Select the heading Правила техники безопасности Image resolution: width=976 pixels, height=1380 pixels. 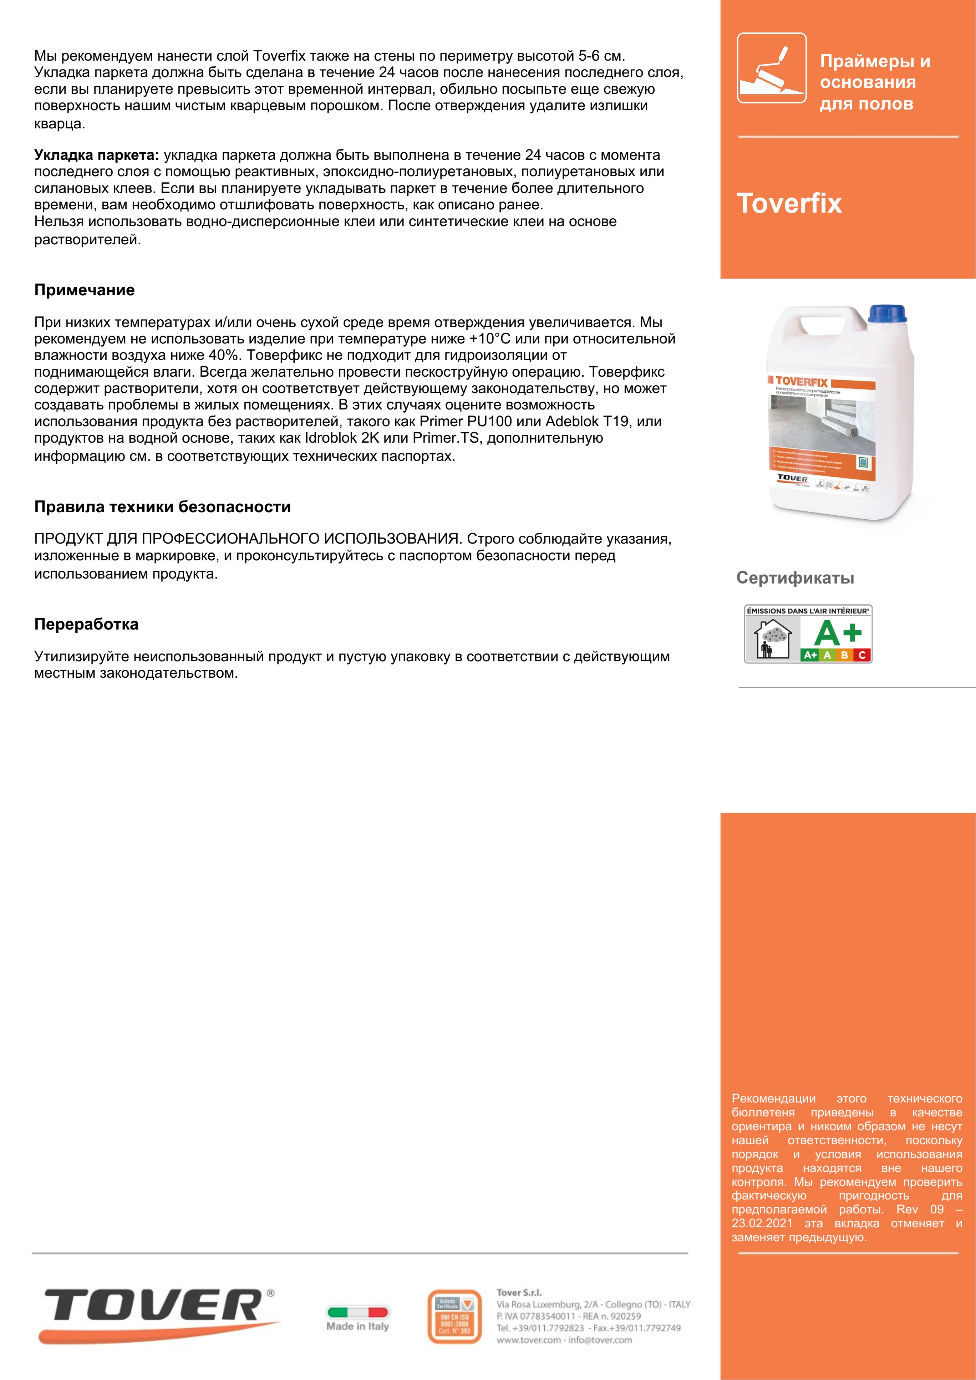pyautogui.click(x=162, y=507)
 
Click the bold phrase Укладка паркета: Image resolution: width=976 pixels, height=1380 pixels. pyautogui.click(x=96, y=155)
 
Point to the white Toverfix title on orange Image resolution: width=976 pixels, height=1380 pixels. pyautogui.click(x=789, y=203)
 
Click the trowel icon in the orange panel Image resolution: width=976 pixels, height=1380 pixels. pyautogui.click(x=772, y=68)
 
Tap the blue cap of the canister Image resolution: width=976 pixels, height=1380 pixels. pyautogui.click(x=887, y=314)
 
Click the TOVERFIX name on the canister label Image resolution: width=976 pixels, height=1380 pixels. pyautogui.click(x=801, y=382)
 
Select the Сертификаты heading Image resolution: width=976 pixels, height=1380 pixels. pyautogui.click(x=795, y=578)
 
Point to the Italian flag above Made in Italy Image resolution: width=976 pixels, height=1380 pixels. pyautogui.click(x=357, y=1312)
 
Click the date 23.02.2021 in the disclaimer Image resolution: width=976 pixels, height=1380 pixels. pyautogui.click(x=762, y=1223)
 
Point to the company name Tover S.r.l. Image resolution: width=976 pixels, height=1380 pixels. pyautogui.click(x=519, y=1292)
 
